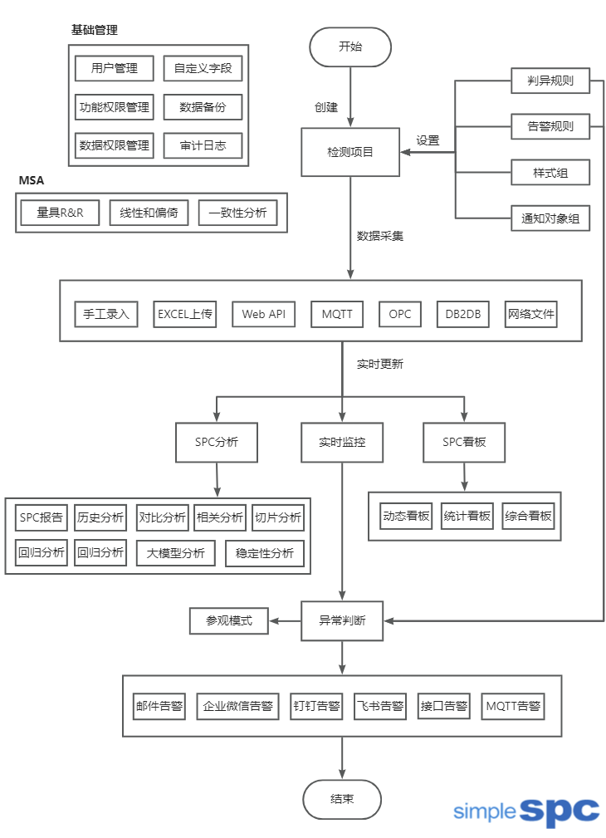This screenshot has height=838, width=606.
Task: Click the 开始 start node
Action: click(350, 47)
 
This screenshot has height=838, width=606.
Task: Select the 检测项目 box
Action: click(350, 152)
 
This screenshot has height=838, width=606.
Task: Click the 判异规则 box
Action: click(550, 81)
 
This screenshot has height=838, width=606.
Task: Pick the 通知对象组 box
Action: click(550, 219)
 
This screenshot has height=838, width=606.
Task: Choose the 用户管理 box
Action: click(115, 68)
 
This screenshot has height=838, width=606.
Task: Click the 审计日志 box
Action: click(203, 145)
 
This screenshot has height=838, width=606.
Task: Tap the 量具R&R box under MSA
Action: click(60, 213)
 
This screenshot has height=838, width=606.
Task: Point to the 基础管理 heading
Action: click(95, 30)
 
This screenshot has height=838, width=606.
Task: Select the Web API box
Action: click(263, 314)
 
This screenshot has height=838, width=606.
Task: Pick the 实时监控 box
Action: click(342, 442)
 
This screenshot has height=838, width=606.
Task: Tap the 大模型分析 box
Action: click(176, 553)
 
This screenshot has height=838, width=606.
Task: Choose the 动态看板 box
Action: click(406, 516)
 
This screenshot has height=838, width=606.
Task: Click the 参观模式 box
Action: click(228, 620)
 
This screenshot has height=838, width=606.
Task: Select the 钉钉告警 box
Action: click(316, 707)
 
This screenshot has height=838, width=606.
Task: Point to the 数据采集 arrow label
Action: click(380, 236)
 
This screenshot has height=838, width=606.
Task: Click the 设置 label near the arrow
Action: click(428, 140)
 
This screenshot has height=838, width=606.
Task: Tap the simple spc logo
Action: click(526, 810)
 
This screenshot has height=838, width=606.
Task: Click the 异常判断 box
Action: click(342, 620)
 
